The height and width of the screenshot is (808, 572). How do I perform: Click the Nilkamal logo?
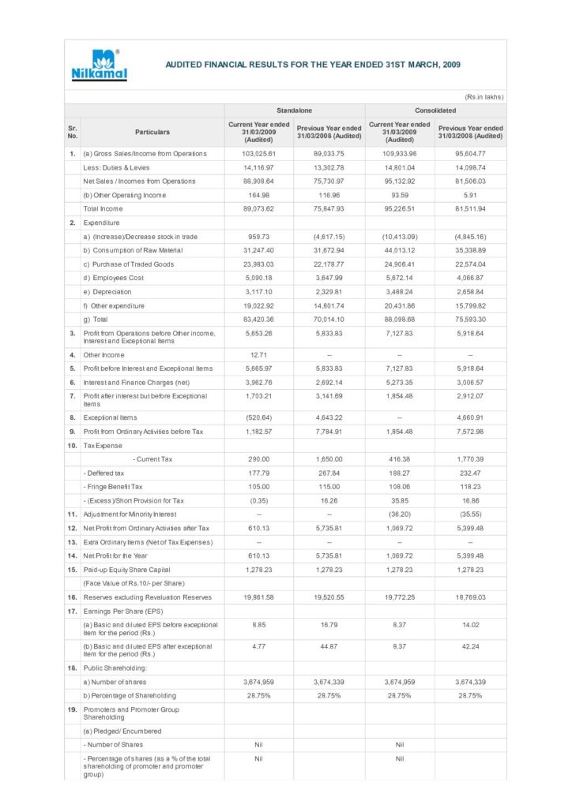[x=99, y=65]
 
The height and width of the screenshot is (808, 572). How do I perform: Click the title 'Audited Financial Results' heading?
[x=313, y=65]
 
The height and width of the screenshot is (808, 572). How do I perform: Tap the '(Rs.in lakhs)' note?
[x=484, y=97]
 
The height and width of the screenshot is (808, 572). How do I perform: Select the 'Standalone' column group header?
[x=293, y=111]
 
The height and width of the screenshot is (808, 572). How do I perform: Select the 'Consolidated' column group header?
[x=435, y=111]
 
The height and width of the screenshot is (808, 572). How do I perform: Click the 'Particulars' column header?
[x=152, y=132]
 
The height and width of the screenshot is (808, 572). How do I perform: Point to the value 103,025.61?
[x=258, y=154]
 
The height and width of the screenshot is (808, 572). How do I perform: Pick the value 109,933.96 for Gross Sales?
[x=399, y=154]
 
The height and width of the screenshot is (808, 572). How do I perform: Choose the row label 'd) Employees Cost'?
[x=114, y=278]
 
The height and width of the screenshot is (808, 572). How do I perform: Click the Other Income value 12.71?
[x=258, y=355]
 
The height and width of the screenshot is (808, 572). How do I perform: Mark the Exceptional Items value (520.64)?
[x=258, y=417]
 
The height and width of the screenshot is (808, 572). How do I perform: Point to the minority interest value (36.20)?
[x=399, y=514]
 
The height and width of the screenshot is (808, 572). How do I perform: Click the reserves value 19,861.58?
[x=258, y=597]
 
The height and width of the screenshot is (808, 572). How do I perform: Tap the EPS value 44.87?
[x=329, y=647]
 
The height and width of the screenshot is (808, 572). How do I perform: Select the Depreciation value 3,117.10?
[x=258, y=292]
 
